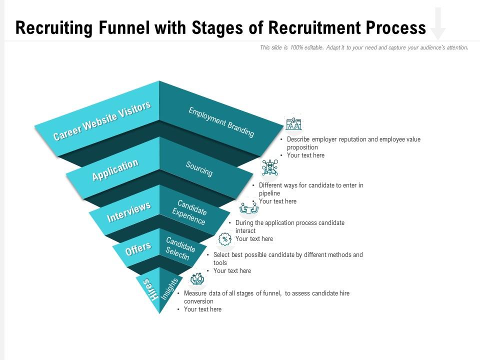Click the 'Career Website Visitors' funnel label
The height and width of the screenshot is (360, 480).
(102, 120)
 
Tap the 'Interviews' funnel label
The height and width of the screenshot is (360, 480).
(128, 212)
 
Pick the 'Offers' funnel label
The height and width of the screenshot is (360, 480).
(138, 248)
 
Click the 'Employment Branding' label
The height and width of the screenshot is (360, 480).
(221, 122)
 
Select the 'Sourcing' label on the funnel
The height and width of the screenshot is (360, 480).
(199, 169)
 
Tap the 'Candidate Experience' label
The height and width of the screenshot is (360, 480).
(190, 212)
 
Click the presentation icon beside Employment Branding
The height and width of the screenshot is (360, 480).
(293, 124)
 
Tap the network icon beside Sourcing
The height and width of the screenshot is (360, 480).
(270, 167)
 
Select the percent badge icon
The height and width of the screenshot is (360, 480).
(225, 239)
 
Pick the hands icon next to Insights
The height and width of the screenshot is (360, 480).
(197, 279)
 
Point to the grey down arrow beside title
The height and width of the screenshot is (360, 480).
(438, 23)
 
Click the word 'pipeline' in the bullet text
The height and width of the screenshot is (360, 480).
(269, 193)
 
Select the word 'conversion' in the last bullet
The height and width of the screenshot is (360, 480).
(198, 301)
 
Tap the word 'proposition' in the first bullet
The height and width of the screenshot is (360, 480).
(302, 147)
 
